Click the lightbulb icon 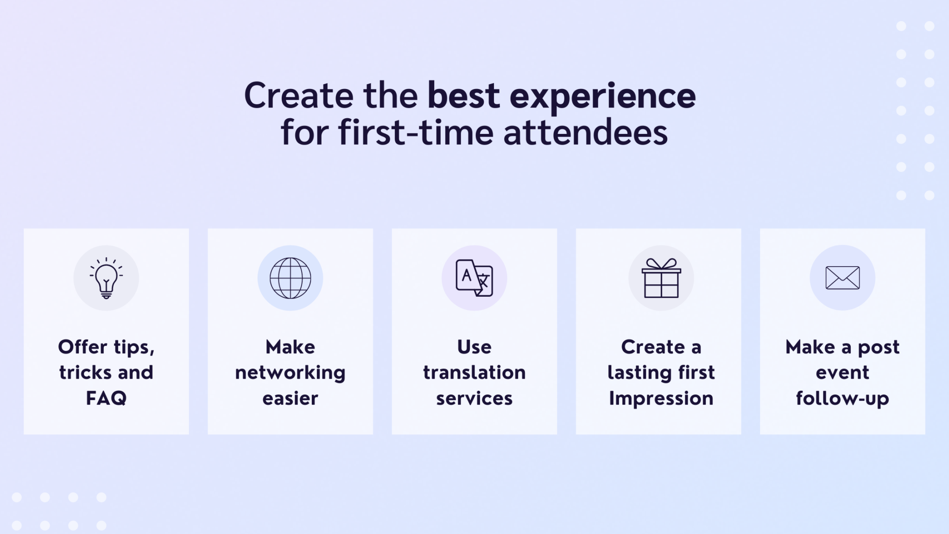point(106,278)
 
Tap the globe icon point(291,278)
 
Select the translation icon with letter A point(474,278)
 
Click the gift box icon point(661,278)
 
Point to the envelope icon point(842,278)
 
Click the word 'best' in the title point(463,95)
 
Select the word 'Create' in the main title point(298,95)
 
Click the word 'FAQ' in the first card point(106,398)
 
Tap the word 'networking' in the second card point(290,373)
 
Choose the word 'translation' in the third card point(474,372)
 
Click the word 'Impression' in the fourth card point(661,399)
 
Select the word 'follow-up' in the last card point(842,399)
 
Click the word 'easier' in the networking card point(290,399)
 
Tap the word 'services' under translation point(474,399)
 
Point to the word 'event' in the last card point(842,373)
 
